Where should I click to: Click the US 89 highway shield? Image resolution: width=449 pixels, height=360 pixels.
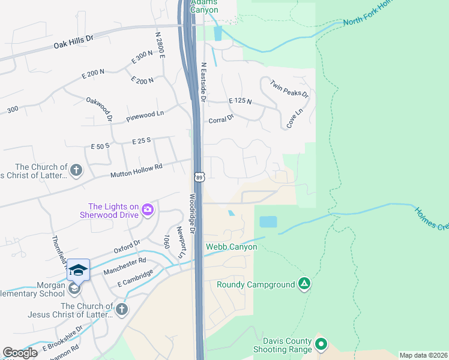pos(199,176)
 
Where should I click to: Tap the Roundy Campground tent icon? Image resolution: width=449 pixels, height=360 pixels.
pos(304,284)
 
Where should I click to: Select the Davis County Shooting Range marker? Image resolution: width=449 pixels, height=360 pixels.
pos(321,344)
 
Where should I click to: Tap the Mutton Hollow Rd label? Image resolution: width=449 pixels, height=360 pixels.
pos(136,171)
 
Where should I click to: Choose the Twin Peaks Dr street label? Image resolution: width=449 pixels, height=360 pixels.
pos(289,89)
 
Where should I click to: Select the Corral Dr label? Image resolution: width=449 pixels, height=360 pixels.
pos(220,119)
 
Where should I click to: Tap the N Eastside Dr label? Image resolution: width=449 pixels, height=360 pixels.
pos(203,82)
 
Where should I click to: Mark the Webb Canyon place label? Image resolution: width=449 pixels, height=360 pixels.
pos(232,247)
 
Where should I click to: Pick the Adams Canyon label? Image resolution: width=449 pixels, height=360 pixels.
pos(205,6)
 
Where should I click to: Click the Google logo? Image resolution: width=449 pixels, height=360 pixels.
pos(20,352)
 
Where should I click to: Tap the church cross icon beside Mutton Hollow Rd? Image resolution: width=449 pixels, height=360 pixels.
pos(76,170)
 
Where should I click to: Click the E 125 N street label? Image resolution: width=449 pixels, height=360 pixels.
pos(240,101)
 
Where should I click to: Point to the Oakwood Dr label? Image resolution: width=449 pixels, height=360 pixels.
pos(100,109)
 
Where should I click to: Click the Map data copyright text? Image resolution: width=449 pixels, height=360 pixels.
pos(423,355)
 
